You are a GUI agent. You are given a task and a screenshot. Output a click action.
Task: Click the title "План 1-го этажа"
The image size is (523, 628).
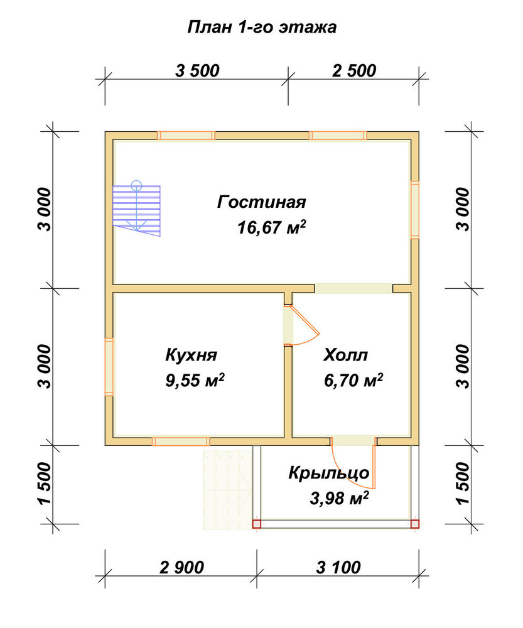pos(262,27)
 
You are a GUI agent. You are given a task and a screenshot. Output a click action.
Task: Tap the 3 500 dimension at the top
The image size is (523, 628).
pos(197,70)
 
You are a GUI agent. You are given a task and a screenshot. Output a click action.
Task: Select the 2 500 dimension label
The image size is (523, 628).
pos(354,70)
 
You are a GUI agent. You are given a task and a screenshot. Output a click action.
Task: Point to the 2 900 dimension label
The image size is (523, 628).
pos(182,568)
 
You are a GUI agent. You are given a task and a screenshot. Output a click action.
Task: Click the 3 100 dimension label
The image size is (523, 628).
pos(338,568)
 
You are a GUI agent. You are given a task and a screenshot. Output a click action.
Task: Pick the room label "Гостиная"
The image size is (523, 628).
pos(261,202)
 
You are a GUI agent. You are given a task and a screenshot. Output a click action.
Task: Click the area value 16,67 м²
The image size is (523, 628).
pos(271,227)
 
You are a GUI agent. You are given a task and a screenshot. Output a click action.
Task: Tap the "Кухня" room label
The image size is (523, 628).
pos(191,355)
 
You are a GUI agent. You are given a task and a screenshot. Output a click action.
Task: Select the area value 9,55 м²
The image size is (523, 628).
pos(195,380)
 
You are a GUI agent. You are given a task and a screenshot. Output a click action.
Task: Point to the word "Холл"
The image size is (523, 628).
pos(345,355)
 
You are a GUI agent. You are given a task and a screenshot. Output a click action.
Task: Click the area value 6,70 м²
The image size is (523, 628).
pos(353,380)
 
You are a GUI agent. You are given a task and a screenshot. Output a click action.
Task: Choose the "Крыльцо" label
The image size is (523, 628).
pos(329,473)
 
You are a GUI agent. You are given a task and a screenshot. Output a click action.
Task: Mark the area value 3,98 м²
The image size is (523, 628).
pos(339,498)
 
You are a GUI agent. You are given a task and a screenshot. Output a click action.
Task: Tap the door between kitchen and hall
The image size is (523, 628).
pos(301,325)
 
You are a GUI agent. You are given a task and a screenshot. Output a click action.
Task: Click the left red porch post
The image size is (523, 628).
pos(257,524)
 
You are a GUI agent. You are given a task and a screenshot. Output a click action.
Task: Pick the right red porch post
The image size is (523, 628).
pos(415,524)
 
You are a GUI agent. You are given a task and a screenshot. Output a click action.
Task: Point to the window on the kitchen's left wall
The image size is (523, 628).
pos(109,367)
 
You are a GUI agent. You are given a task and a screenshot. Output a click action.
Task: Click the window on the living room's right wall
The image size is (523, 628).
pos(415,210)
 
